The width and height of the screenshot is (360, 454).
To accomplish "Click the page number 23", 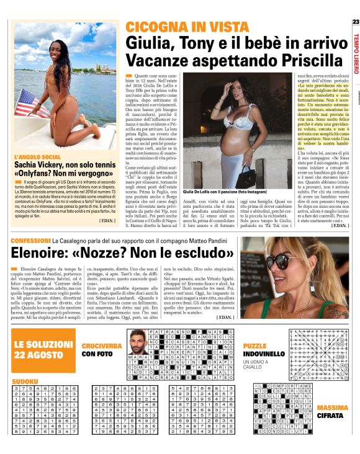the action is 355,23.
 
